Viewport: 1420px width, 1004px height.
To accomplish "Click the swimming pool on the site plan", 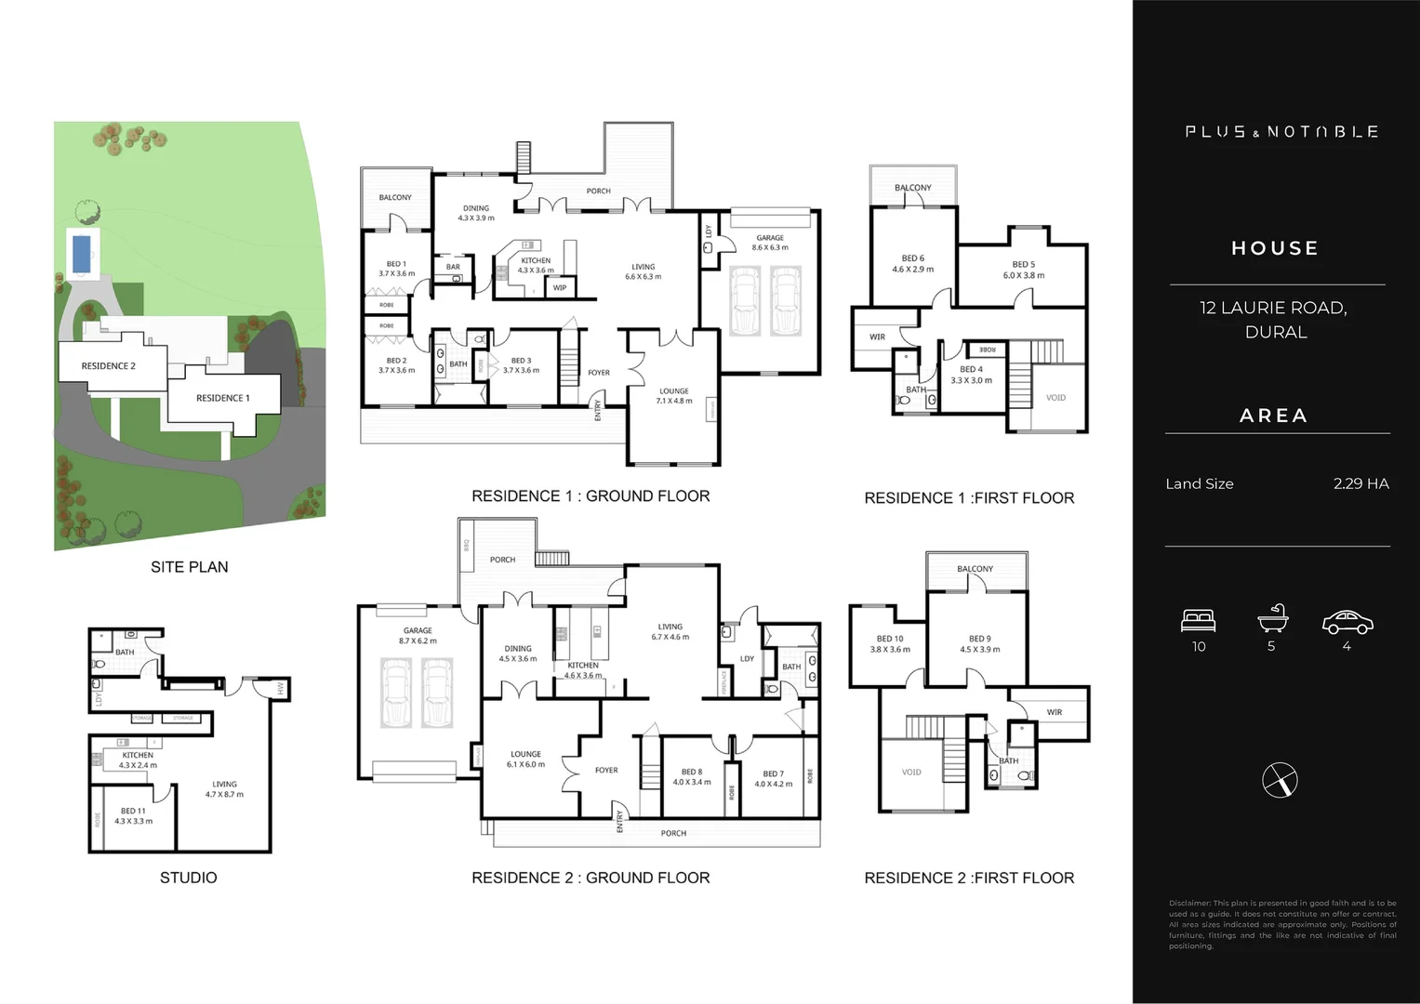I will click(x=81, y=253).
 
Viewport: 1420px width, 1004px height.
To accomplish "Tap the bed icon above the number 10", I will click(x=1199, y=620).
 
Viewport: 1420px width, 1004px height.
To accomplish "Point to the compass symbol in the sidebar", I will click(x=1280, y=780).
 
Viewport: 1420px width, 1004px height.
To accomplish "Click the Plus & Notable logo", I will click(x=1281, y=132).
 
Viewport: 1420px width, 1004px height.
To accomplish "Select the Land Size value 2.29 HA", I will click(x=1360, y=483).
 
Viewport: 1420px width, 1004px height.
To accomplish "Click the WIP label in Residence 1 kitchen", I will click(x=560, y=288).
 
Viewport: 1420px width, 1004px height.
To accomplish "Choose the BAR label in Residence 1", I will click(x=453, y=267).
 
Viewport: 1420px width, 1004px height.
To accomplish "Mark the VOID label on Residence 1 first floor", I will click(x=1055, y=398).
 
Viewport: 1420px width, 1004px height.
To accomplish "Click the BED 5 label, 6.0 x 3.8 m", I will click(x=1023, y=270).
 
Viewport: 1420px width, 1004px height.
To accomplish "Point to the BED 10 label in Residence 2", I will click(x=890, y=643).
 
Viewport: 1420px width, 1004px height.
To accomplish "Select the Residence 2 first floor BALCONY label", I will click(x=975, y=569).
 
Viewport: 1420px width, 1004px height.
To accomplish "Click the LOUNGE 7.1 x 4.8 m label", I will click(x=674, y=396).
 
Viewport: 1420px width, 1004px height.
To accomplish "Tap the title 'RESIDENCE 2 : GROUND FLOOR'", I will click(x=591, y=878).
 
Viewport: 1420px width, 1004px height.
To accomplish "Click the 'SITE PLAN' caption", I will click(x=189, y=567).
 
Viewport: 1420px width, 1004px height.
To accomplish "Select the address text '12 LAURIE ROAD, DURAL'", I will click(x=1275, y=319).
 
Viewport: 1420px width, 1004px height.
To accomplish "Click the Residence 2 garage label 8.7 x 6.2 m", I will click(x=418, y=635).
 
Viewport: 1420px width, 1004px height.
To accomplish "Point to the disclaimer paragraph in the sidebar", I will click(x=1281, y=924).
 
